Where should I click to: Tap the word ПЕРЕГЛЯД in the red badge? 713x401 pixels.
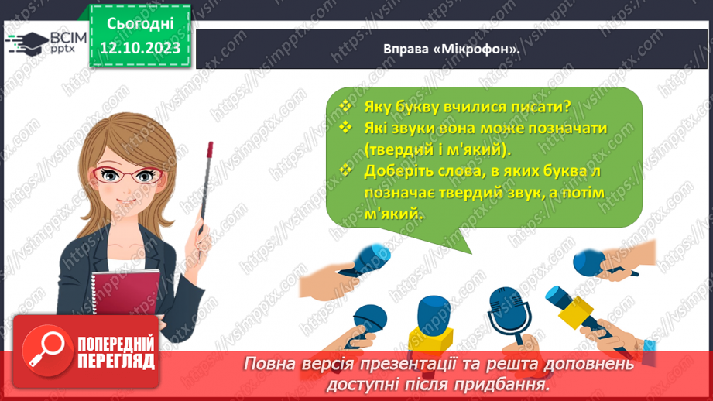[115, 361]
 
